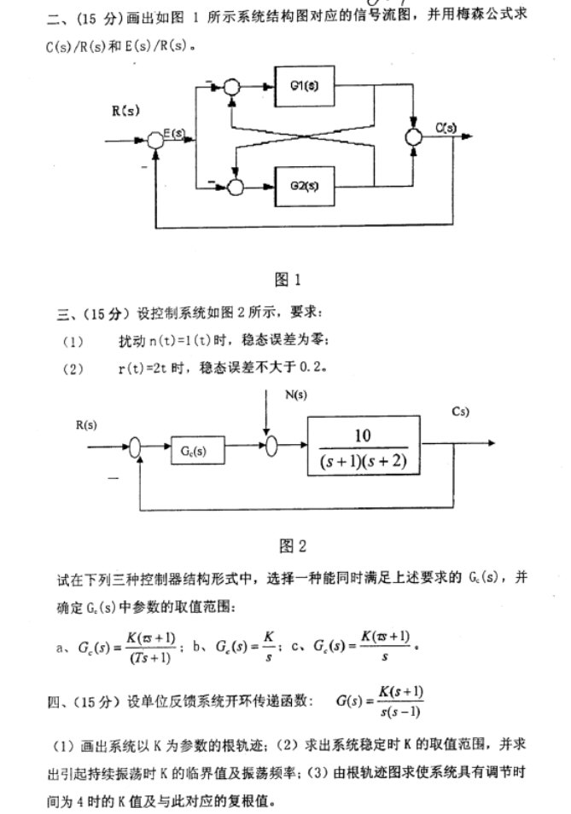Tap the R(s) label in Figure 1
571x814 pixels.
pyautogui.click(x=125, y=112)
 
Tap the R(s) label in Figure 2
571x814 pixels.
pyautogui.click(x=87, y=424)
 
